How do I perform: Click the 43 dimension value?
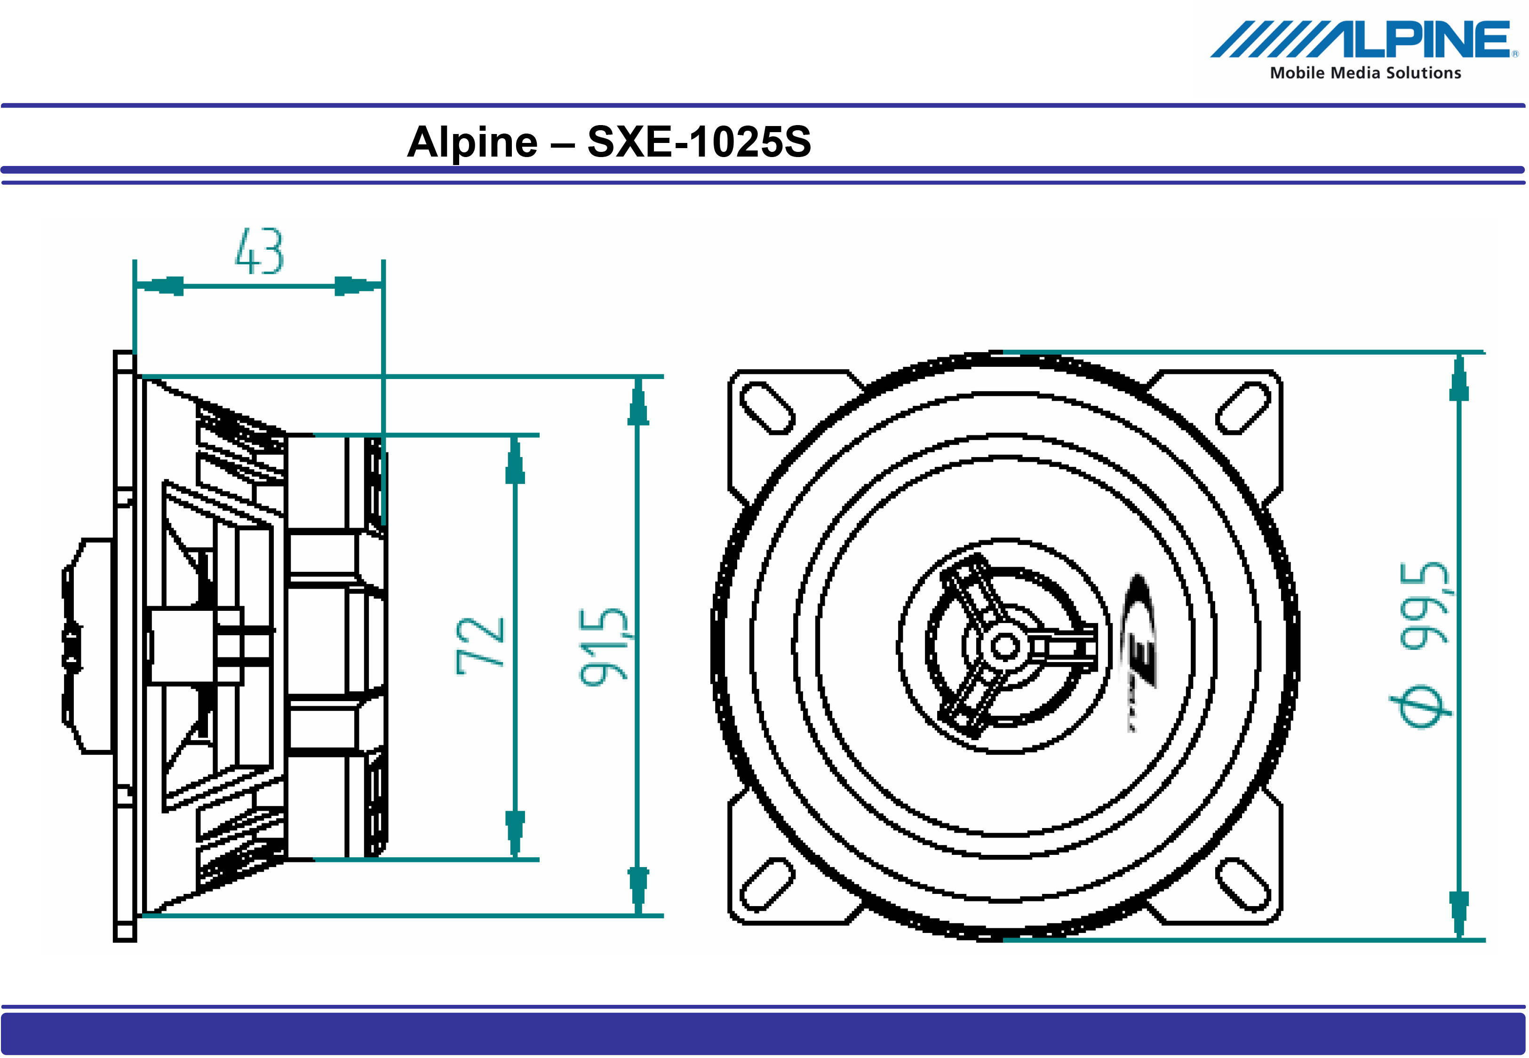tap(260, 252)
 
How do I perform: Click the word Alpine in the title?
tap(472, 142)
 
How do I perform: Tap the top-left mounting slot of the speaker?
tap(767, 408)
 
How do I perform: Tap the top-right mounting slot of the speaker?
tap(1243, 408)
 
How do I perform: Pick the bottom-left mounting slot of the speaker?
tap(767, 884)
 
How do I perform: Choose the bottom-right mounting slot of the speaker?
tap(1243, 884)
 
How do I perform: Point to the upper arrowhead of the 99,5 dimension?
tap(1459, 379)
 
